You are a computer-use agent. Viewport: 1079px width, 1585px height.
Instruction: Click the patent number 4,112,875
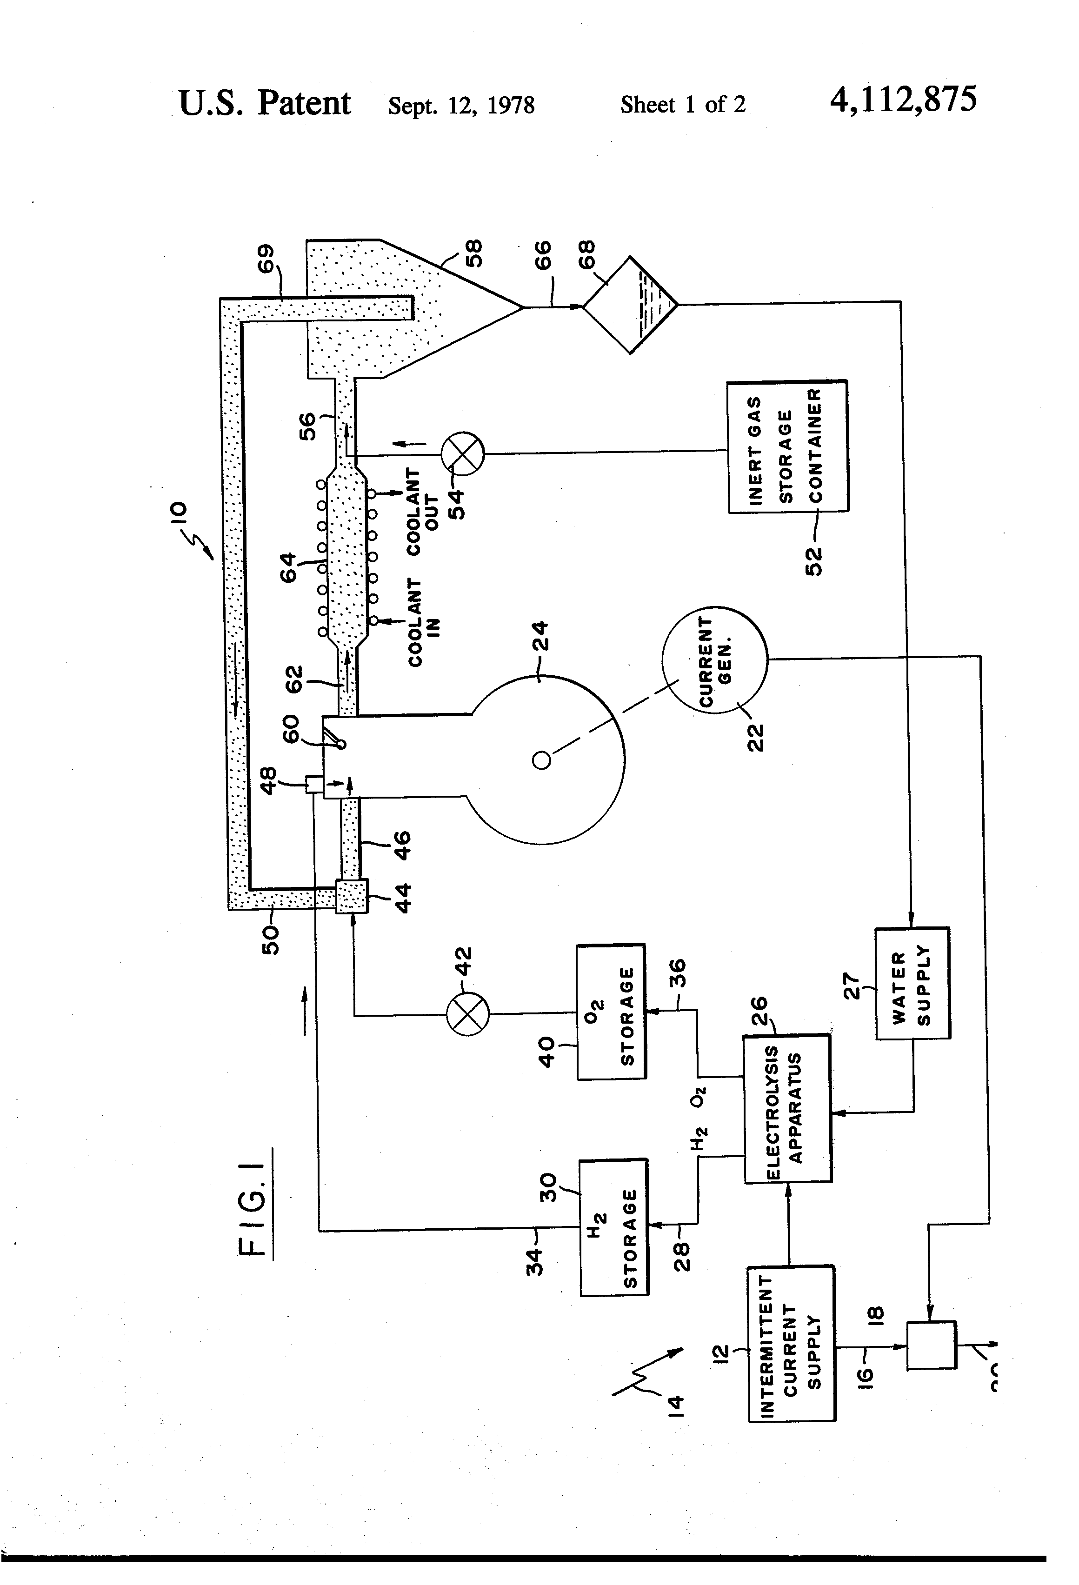tap(902, 100)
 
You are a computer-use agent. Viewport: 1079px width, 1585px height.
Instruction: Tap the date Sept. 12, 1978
tap(461, 105)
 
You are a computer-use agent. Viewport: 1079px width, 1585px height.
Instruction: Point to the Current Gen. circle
tap(714, 659)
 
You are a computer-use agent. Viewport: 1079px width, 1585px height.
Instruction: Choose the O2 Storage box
tap(611, 1012)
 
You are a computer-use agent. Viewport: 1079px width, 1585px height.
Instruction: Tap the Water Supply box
tap(912, 983)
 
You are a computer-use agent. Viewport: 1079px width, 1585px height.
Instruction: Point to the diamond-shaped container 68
tap(630, 305)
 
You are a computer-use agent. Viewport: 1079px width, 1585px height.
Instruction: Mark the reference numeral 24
tap(539, 635)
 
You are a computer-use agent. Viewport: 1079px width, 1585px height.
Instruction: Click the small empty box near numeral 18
tap(931, 1345)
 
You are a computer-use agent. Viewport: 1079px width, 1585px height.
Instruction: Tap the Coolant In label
tap(423, 622)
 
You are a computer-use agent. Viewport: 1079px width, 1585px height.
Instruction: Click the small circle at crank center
tap(541, 760)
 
